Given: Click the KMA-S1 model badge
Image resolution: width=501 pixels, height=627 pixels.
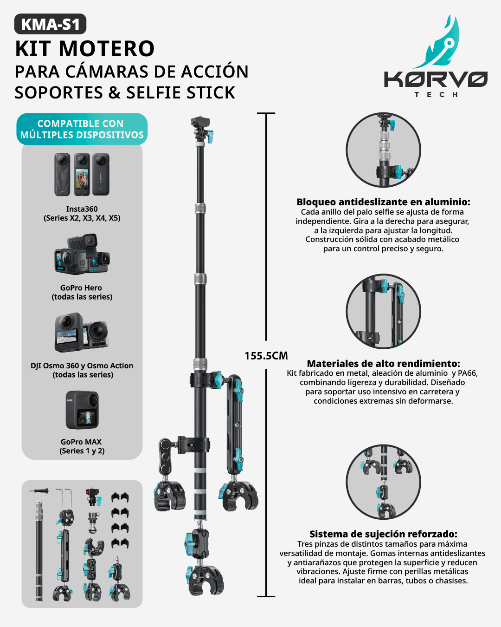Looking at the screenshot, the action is pyautogui.click(x=50, y=24).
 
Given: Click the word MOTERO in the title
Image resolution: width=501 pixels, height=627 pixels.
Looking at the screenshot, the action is pyautogui.click(x=107, y=49).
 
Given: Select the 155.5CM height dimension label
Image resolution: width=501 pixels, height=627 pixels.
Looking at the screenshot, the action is pyautogui.click(x=266, y=356).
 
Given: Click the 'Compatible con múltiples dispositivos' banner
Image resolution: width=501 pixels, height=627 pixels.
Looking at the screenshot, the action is pyautogui.click(x=82, y=129).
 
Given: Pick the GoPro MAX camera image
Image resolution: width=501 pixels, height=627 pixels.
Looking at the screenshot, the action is pyautogui.click(x=82, y=410).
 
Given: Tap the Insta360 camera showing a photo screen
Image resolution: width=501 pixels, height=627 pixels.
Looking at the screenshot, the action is pyautogui.click(x=82, y=174).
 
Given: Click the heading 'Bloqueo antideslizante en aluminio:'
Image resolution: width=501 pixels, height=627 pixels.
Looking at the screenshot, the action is pyautogui.click(x=383, y=202).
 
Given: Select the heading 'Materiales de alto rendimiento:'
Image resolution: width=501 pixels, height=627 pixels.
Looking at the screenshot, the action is pyautogui.click(x=383, y=364).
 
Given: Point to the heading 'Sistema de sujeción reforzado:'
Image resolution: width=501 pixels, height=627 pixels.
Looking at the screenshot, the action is pyautogui.click(x=383, y=534).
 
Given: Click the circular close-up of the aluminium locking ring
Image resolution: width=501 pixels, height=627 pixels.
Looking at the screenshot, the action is pyautogui.click(x=383, y=150).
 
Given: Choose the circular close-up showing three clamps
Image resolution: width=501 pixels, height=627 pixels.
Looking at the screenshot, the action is pyautogui.click(x=383, y=482).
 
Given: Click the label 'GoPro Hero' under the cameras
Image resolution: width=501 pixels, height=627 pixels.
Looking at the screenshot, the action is pyautogui.click(x=81, y=288).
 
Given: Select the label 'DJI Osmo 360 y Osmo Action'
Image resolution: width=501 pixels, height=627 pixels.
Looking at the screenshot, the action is pyautogui.click(x=82, y=366).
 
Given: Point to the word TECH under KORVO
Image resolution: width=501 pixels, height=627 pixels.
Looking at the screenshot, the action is pyautogui.click(x=436, y=95).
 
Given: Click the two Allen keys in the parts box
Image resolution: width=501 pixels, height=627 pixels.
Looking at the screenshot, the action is pyautogui.click(x=64, y=498).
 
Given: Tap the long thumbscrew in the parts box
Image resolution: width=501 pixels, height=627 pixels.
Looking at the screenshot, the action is pyautogui.click(x=39, y=491).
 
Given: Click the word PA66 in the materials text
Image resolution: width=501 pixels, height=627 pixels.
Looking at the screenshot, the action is pyautogui.click(x=468, y=373).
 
